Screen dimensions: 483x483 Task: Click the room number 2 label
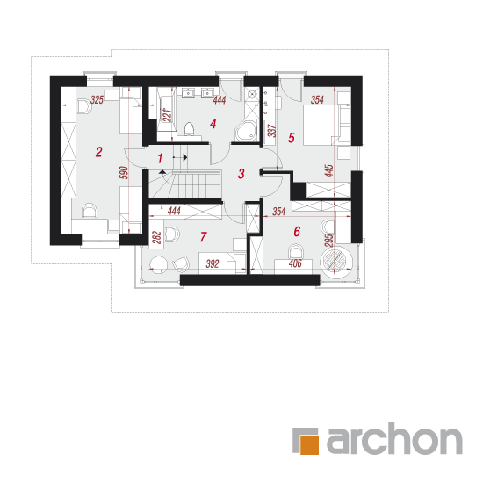pos(98,152)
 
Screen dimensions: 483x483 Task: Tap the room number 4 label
pos(213,124)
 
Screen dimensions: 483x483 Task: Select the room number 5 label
pos(292,138)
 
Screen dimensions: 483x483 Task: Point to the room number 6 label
pos(297,231)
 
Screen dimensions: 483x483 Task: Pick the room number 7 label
pos(203,237)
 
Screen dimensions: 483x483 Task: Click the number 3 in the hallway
pos(241,174)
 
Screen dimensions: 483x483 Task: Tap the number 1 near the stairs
pos(160,159)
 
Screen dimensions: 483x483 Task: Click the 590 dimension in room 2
pos(123,173)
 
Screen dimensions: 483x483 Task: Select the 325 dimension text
pos(97,100)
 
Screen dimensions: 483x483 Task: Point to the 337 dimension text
pos(271,131)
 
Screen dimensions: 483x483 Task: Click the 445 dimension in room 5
pos(329,171)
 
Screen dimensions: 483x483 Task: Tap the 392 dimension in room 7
pos(213,263)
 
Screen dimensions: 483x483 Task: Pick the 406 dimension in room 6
pos(295,263)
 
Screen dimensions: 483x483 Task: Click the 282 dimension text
pos(157,237)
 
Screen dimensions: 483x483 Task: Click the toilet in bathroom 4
pos(189,129)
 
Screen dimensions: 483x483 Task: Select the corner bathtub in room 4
pos(246,131)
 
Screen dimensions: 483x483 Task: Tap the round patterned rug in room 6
pos(335,261)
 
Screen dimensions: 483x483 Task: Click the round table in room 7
pos(158,264)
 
